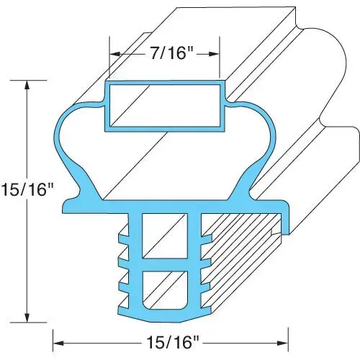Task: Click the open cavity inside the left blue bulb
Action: pos(86,155)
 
